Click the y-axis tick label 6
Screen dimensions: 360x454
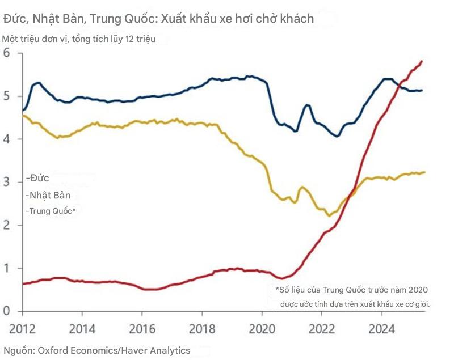[7, 53]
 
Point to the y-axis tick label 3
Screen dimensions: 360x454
[7, 182]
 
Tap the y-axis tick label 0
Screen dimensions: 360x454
[7, 311]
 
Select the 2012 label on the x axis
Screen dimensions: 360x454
[22, 328]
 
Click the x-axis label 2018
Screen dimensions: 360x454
[202, 328]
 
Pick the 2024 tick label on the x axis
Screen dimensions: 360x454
[382, 328]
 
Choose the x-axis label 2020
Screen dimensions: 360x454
[262, 328]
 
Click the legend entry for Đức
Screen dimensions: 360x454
[39, 178]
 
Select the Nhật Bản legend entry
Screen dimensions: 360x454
[49, 195]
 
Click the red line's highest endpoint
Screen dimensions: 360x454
[422, 61]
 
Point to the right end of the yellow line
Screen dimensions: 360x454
[424, 172]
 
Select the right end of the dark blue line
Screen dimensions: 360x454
[422, 90]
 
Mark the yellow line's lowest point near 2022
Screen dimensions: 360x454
[328, 215]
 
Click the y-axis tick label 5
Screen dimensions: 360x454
[7, 96]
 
